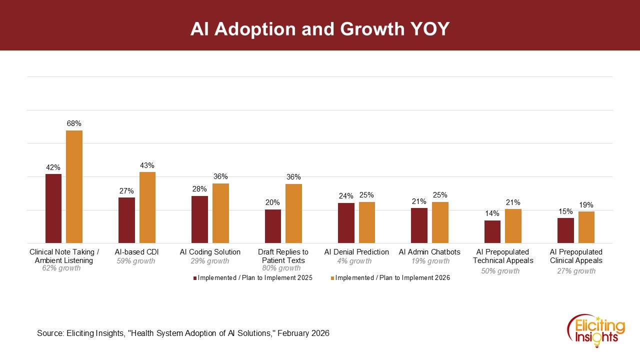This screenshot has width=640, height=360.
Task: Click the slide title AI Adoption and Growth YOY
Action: point(320,29)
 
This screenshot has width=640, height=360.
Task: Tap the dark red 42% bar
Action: point(53,208)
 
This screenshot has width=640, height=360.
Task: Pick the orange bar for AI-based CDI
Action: point(147,207)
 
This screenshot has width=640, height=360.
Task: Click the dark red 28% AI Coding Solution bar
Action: point(199,219)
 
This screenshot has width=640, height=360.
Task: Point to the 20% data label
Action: point(272,202)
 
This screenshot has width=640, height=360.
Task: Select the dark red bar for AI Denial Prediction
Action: point(346,223)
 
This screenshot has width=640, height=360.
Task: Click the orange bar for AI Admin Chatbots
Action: point(440,222)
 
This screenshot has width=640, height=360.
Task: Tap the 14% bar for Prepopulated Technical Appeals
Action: point(492,231)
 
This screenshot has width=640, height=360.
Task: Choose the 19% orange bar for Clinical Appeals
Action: point(586,227)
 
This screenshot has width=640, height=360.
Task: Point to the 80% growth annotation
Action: point(281,268)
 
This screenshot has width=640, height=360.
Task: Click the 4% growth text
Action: point(354,261)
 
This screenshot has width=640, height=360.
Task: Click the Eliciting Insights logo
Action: point(596,329)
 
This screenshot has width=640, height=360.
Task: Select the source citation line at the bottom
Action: point(183,333)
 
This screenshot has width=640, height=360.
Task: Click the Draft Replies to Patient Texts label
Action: point(283,256)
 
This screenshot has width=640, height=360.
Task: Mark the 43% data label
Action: point(147,165)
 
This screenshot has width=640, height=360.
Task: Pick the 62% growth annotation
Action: point(61,268)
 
